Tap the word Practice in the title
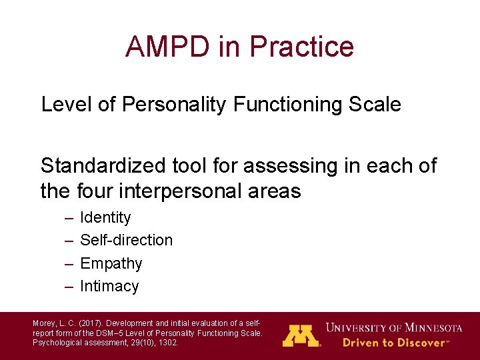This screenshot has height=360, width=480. click(x=301, y=47)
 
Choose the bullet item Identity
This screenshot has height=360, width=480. click(x=105, y=217)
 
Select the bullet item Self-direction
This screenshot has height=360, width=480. click(x=126, y=240)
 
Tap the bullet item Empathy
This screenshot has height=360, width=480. click(x=111, y=263)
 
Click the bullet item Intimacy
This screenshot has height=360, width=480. click(x=109, y=286)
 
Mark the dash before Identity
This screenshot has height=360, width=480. click(x=69, y=218)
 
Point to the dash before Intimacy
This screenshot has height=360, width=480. click(x=69, y=287)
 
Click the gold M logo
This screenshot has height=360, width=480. click(x=301, y=335)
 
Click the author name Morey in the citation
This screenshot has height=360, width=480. click(x=43, y=323)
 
